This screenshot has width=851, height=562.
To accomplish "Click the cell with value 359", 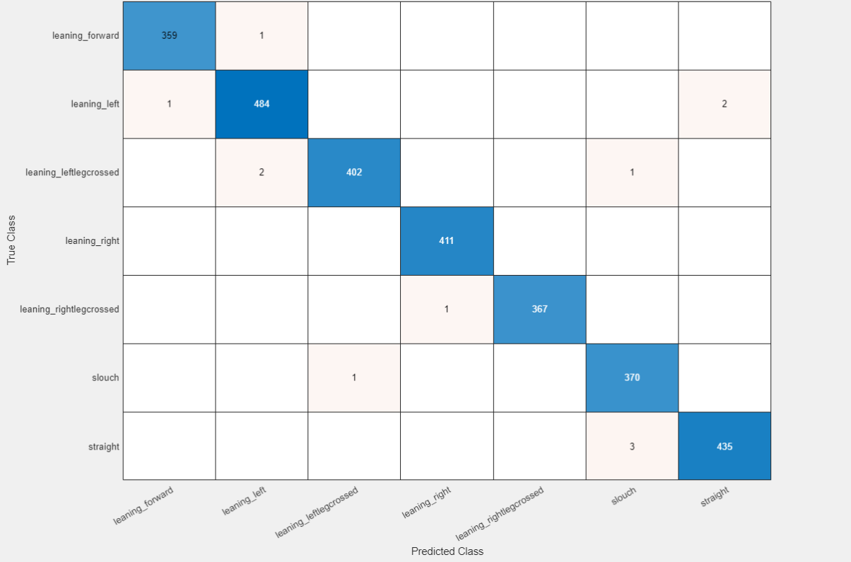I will (169, 35).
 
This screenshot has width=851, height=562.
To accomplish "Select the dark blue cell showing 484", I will (262, 104).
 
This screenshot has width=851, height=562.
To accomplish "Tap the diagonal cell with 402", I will (354, 172).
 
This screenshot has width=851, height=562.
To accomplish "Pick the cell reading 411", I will (446, 241).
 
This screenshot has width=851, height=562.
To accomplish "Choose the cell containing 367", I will (539, 309).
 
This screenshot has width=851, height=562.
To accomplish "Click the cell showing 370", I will (632, 377).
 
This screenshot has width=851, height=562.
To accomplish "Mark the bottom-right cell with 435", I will (724, 446).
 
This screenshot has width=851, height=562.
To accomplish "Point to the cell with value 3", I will (632, 446).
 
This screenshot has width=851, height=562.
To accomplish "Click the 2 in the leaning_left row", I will (724, 104).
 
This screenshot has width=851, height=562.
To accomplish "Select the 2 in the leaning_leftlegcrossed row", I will (262, 172).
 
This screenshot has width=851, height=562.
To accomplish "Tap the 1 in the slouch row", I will (354, 377).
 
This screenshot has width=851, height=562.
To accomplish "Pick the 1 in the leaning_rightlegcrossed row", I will (446, 309).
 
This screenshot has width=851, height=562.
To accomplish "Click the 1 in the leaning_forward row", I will (262, 35).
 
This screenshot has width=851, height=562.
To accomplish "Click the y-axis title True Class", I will (11, 240).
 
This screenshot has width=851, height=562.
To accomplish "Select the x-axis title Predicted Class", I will (447, 551).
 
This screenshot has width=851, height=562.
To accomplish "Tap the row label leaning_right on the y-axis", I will (93, 241).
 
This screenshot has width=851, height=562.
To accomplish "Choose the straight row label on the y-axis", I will (104, 447).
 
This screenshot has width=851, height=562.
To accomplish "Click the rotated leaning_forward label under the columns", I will (143, 505).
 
